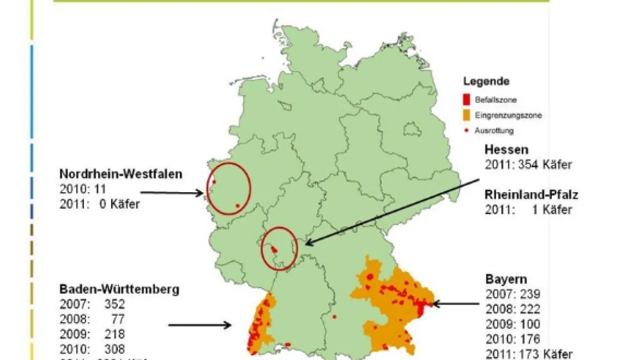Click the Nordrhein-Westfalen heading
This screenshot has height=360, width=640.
pyautogui.click(x=121, y=174)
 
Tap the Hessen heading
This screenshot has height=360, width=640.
pyautogui.click(x=506, y=149)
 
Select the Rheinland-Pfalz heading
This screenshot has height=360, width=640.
pyautogui.click(x=532, y=195)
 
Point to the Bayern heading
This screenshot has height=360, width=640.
pyautogui.click(x=506, y=279)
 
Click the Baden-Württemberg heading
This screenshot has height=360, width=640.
pyautogui.click(x=119, y=289)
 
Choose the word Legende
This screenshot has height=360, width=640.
pyautogui.click(x=486, y=82)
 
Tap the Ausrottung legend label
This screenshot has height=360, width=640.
pyautogui.click(x=494, y=131)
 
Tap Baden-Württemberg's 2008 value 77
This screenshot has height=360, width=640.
pyautogui.click(x=119, y=319)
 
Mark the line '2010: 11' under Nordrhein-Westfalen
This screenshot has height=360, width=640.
pyautogui.click(x=82, y=189)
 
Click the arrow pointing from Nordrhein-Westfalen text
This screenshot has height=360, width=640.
pyautogui.click(x=186, y=193)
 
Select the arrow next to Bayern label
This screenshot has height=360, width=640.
pyautogui.click(x=456, y=304)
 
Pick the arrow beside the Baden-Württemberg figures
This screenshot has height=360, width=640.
pyautogui.click(x=200, y=325)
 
